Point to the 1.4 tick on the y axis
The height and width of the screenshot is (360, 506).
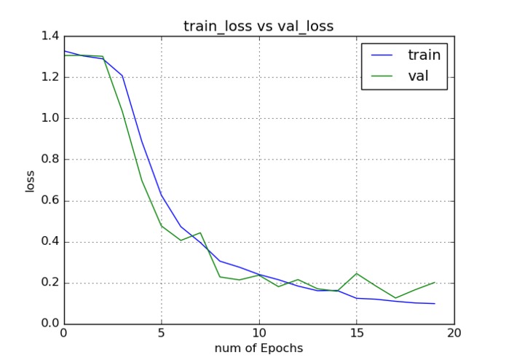pos(50,36)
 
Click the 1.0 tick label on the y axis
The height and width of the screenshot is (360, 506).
pos(50,118)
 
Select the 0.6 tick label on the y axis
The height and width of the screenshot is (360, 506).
pos(50,200)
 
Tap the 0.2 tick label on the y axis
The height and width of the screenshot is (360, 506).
pos(50,283)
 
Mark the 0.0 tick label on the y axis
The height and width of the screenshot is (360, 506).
pos(50,324)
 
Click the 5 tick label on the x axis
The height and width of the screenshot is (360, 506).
pos(162,334)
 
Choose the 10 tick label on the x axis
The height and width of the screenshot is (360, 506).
pos(259,334)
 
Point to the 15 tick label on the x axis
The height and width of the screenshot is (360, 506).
pos(357,334)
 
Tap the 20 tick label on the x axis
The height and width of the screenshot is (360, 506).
pos(454,334)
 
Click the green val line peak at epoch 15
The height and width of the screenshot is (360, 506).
pos(357,273)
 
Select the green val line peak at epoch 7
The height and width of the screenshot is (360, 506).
pos(200,232)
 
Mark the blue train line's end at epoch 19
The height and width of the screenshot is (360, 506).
pos(435,304)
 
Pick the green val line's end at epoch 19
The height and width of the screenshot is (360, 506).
pos(435,282)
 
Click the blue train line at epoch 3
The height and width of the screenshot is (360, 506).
pos(122,76)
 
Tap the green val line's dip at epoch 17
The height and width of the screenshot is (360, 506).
pos(395,298)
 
